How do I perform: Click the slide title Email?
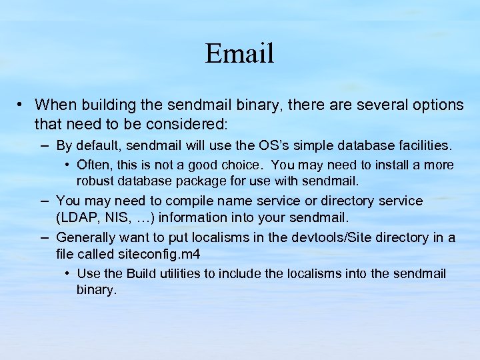239,53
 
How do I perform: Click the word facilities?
425,145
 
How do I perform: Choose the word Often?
93,165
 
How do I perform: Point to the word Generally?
86,237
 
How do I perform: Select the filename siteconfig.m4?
159,253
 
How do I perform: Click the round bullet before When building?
21,105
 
